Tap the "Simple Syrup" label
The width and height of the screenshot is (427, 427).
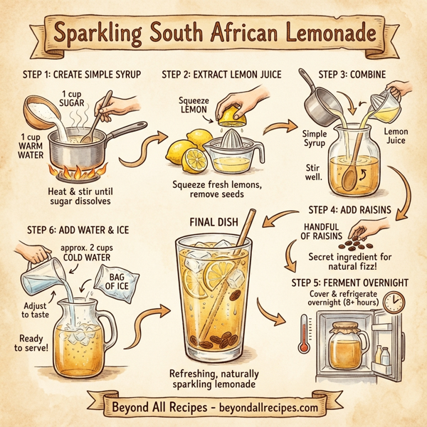314,139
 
